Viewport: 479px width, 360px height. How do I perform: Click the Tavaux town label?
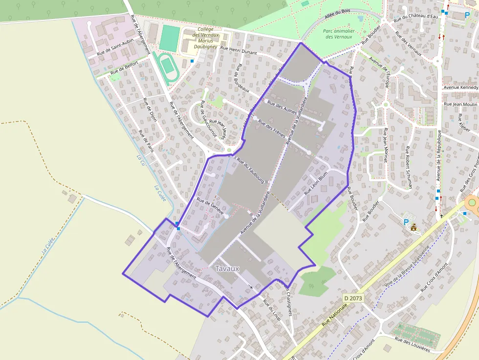pos(227,269)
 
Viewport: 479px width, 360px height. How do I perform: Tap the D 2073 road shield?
pos(353,297)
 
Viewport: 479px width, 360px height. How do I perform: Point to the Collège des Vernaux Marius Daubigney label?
pos(206,38)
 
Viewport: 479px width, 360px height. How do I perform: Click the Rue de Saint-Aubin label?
pos(115,48)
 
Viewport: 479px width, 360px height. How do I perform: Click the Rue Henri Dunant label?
pos(239,48)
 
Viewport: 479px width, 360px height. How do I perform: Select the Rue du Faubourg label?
pos(250,170)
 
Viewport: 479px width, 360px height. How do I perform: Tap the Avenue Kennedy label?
pos(460,87)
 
